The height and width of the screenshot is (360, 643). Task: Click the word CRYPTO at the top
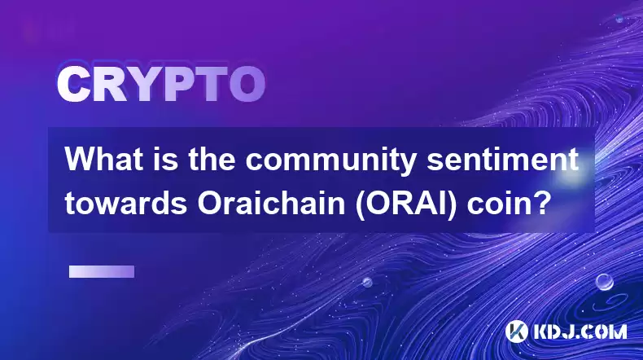(x=161, y=85)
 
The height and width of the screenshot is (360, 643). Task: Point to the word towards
(x=126, y=203)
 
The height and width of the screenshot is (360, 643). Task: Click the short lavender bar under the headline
(x=102, y=271)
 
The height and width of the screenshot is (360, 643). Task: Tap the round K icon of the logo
(x=516, y=331)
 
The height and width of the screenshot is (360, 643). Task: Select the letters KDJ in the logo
(x=554, y=331)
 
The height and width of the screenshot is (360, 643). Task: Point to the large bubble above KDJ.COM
(x=605, y=282)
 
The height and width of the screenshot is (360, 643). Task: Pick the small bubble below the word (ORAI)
(x=367, y=282)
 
